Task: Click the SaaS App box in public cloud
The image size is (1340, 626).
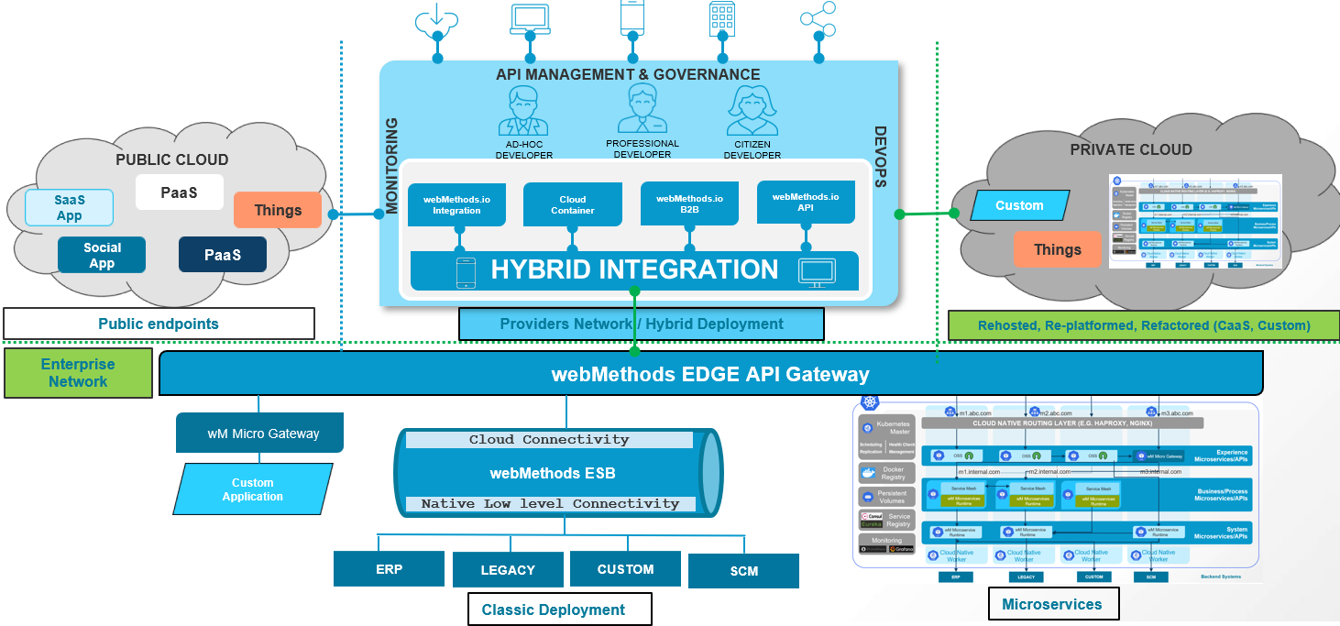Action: point(70,207)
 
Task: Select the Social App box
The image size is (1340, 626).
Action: point(102,255)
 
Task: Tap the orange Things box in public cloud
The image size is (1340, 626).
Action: point(278,210)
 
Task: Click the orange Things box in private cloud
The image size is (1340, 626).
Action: point(1057,249)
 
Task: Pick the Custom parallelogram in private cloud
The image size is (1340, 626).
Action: point(1019,205)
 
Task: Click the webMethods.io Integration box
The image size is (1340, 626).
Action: point(456,204)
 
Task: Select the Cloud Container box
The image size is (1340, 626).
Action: point(572,204)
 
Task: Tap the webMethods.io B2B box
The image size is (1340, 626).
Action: point(689,203)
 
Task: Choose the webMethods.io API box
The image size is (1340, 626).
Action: point(806,202)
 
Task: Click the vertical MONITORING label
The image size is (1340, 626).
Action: point(391,166)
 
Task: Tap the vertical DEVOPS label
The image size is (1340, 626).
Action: point(881,157)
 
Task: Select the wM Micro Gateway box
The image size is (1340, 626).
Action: point(259,433)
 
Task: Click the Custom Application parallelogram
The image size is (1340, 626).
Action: point(252,489)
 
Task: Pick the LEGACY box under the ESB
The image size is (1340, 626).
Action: point(508,569)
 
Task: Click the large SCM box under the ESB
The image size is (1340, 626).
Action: point(743,571)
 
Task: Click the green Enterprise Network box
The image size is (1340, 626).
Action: point(78,372)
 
